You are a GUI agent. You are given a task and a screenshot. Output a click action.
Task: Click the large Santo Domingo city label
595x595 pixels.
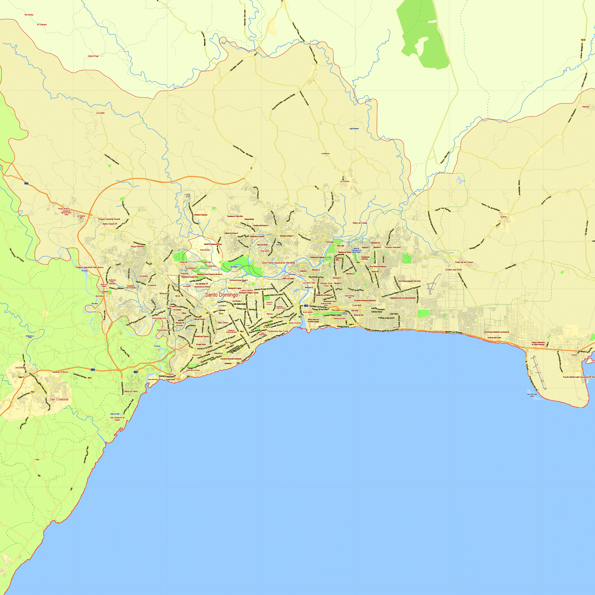221,295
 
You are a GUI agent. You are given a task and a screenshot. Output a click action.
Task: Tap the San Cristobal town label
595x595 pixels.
59,399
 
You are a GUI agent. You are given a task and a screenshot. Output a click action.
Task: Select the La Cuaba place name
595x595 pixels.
100,113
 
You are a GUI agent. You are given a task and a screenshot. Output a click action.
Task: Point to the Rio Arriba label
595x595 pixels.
29,15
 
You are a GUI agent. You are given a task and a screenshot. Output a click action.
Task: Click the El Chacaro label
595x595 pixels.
42,25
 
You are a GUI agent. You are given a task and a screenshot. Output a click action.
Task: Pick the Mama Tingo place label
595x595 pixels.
93,56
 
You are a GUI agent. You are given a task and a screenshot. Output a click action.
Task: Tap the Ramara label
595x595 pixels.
585,107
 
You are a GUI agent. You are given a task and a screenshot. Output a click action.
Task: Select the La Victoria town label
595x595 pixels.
344,181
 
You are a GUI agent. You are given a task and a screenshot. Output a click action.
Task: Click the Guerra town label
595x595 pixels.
503,217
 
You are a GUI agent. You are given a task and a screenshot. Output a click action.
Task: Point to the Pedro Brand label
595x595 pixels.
63,209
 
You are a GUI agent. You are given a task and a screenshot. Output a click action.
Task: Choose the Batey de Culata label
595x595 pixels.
360,223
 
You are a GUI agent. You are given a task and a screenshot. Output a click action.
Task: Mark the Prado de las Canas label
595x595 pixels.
464,262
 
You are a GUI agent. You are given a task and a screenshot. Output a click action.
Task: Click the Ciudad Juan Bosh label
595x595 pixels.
453,270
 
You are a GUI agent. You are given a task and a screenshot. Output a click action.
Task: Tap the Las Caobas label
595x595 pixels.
20,367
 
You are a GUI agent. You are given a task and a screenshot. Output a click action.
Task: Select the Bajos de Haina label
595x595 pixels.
131,391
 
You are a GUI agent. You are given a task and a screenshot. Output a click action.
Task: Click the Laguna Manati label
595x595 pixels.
354,129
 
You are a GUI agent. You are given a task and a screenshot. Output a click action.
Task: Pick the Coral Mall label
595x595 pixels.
357,305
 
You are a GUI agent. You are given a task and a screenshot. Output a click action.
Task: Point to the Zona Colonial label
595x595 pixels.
295,323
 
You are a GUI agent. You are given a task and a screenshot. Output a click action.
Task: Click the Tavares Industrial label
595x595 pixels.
392,247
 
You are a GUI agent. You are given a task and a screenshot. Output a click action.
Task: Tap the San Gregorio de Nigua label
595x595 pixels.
117,419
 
